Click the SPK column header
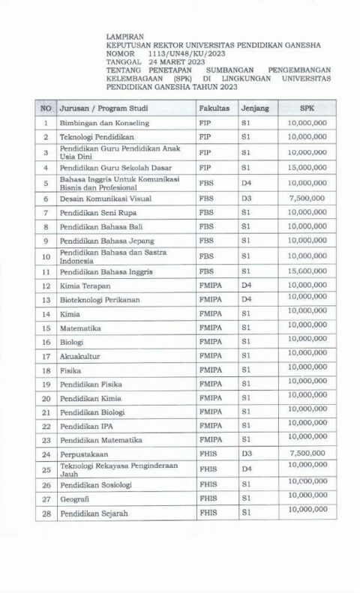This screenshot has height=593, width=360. click(307, 108)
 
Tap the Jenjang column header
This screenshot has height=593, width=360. click(253, 108)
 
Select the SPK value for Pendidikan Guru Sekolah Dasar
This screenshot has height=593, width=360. click(307, 167)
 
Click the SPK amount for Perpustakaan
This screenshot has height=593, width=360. click(307, 454)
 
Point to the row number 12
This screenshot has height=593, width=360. click(46, 286)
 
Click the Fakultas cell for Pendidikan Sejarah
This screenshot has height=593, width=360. click(208, 513)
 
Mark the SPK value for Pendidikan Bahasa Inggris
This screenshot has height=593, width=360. click(307, 270)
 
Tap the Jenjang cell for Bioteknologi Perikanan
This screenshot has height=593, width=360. click(246, 299)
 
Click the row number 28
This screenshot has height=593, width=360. click(46, 513)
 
